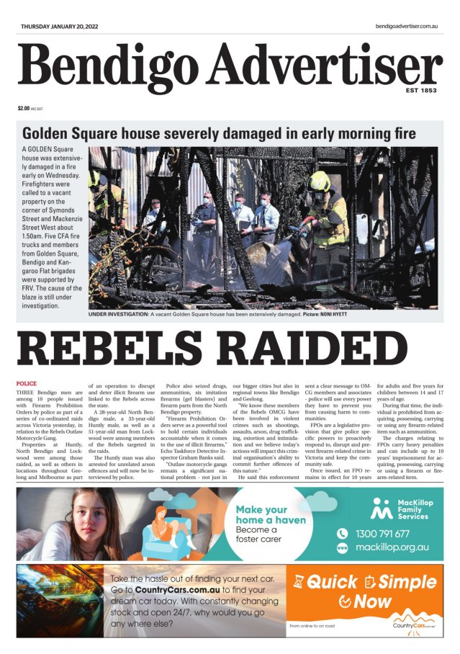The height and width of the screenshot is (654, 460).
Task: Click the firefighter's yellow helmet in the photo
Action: pos(320,181)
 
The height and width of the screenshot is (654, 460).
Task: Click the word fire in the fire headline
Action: pos(400,133)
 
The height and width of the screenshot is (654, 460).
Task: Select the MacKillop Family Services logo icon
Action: pos(381,508)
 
